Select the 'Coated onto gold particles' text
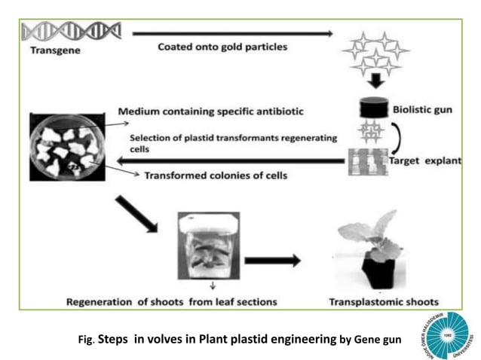[x=222, y=47]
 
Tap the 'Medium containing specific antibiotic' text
[x=211, y=112]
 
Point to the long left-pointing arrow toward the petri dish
[x=226, y=160]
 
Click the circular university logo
[x=444, y=335]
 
